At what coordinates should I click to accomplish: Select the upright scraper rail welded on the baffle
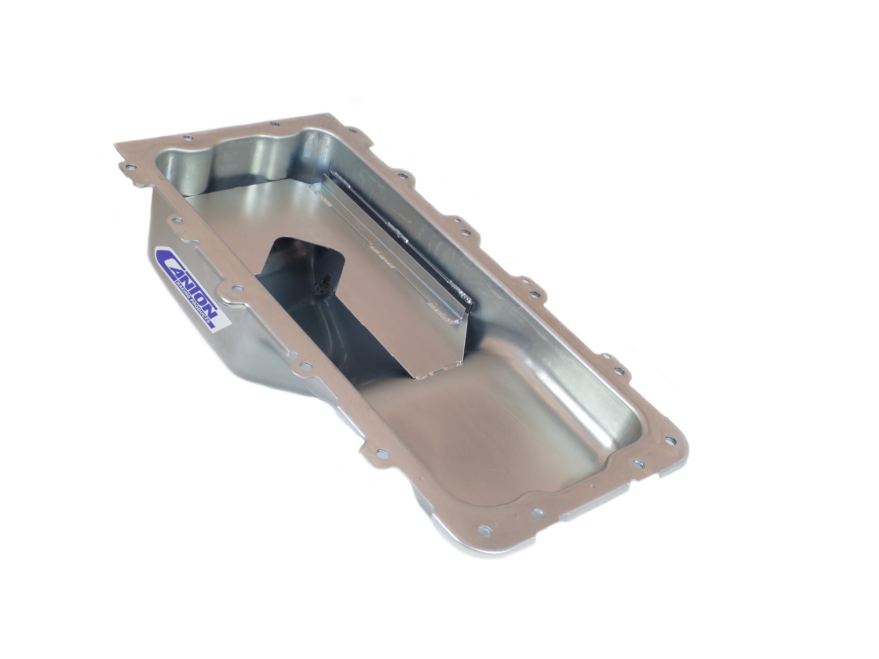click(396, 246)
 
